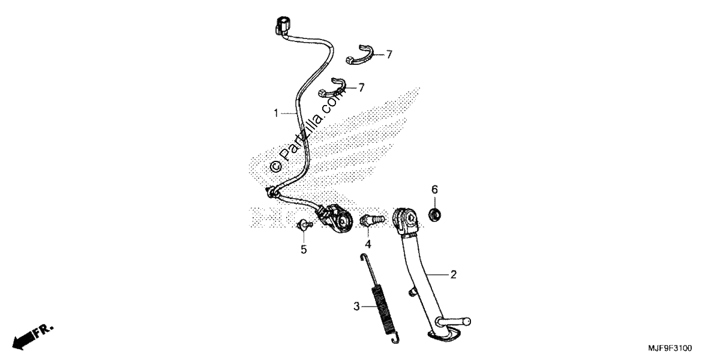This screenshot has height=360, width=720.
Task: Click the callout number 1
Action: pyautogui.click(x=276, y=113)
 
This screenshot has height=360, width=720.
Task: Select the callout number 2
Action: pyautogui.click(x=453, y=275)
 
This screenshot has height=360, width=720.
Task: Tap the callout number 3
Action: pyautogui.click(x=356, y=307)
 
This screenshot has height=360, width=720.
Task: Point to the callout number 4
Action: pyautogui.click(x=368, y=244)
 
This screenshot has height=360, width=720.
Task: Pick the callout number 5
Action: pyautogui.click(x=304, y=250)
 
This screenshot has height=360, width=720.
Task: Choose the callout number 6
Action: pyautogui.click(x=434, y=190)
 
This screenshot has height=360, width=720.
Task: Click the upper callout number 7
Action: pyautogui.click(x=389, y=55)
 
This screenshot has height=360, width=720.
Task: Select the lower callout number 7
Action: pyautogui.click(x=362, y=88)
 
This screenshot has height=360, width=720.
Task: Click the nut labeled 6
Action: pyautogui.click(x=435, y=214)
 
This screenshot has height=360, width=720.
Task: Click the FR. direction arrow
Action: pyautogui.click(x=32, y=337)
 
